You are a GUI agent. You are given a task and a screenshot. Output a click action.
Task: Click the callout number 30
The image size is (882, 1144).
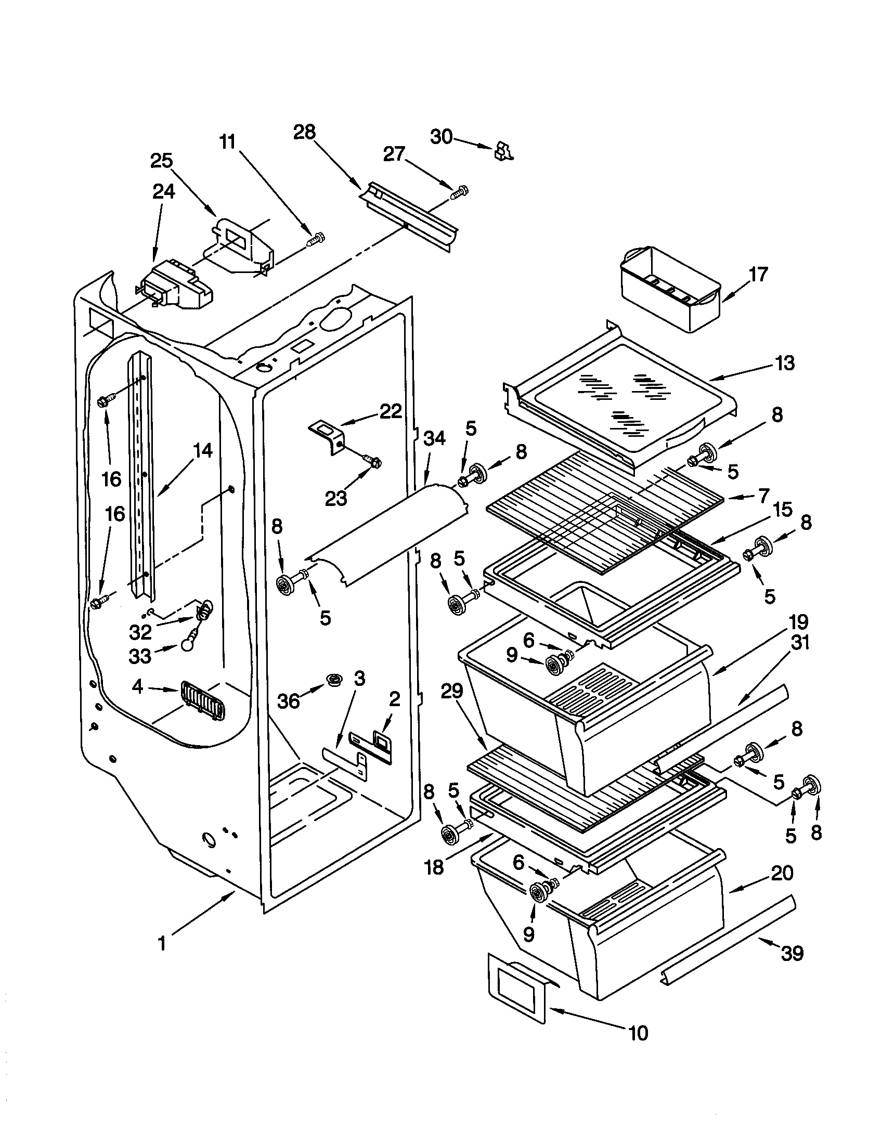(441, 137)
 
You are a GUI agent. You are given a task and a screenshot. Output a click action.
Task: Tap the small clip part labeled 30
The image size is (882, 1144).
(503, 151)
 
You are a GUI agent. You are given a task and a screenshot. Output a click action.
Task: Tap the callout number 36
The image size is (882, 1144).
(289, 700)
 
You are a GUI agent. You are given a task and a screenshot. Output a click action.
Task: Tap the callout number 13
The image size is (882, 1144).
(784, 362)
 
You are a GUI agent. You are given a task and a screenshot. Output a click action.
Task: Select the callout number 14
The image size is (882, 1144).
(203, 450)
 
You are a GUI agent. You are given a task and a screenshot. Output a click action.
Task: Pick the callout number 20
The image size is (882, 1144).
(782, 873)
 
